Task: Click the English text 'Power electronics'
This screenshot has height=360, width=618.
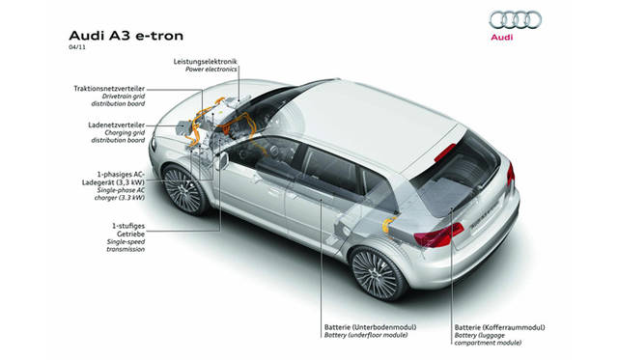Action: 206,69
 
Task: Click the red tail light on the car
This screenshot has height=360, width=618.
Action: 445,235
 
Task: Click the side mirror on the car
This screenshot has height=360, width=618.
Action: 221,160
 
